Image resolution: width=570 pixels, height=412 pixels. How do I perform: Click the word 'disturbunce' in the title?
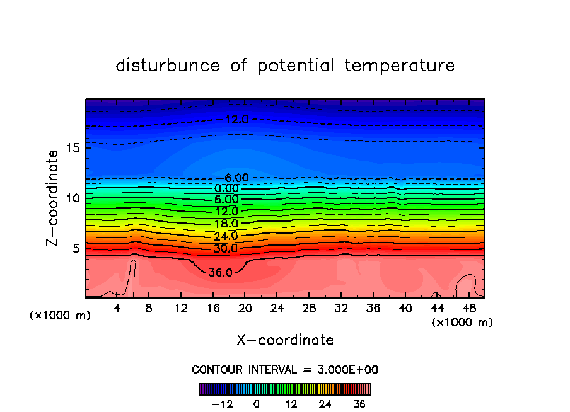click(x=168, y=66)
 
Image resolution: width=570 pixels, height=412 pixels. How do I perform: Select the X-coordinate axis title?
click(x=285, y=340)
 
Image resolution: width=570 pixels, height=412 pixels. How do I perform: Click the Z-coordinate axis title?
click(x=53, y=198)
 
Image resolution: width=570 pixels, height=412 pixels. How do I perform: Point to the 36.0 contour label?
click(x=221, y=273)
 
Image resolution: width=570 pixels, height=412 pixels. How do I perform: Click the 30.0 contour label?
click(x=226, y=248)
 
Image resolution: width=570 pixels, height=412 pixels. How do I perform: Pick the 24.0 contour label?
click(x=226, y=236)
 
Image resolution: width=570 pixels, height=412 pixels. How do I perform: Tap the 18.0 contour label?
click(x=226, y=224)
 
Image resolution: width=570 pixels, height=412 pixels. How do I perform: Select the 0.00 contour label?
click(x=226, y=188)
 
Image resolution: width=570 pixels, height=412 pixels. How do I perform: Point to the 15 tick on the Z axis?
click(x=72, y=148)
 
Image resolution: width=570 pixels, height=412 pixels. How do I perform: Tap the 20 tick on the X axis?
click(x=245, y=309)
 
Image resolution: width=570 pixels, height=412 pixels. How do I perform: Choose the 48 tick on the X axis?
click(x=468, y=309)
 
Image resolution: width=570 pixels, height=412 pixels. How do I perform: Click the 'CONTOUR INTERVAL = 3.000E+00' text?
click(x=285, y=369)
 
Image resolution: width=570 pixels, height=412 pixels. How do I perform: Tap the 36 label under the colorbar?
click(x=358, y=404)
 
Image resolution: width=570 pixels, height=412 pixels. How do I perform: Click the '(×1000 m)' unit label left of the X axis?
click(x=61, y=316)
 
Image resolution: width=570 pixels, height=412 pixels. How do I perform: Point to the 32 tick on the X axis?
click(x=340, y=309)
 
